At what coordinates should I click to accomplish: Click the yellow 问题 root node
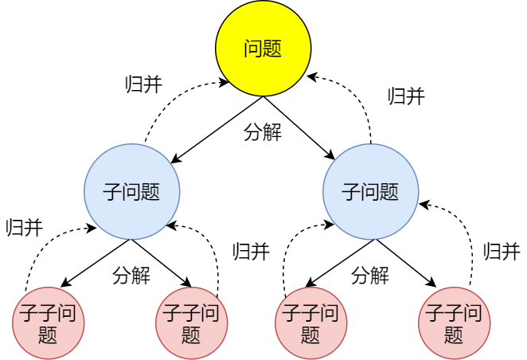263,49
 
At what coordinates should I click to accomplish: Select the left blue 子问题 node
132,192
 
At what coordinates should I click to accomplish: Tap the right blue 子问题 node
370,192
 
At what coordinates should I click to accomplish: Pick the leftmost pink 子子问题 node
48,322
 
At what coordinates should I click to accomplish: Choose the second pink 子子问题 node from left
191,322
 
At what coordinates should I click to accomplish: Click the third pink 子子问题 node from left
310,322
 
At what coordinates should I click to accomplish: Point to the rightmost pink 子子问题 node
454,322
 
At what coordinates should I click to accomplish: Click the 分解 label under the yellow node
263,132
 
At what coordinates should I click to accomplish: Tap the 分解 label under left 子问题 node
132,276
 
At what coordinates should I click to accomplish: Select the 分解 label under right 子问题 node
370,276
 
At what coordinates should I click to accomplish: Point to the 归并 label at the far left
23,228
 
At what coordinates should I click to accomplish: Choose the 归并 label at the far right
502,252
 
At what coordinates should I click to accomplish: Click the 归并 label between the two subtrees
251,252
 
